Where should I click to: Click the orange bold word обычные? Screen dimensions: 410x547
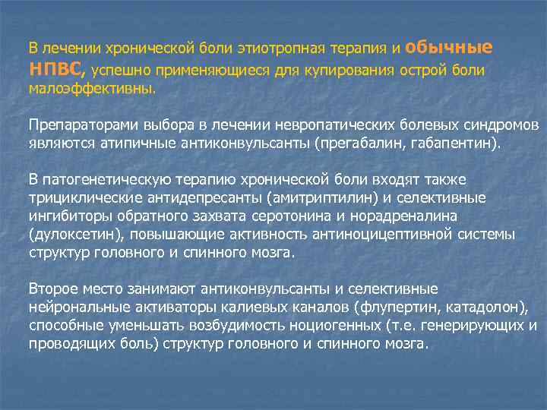click(449, 47)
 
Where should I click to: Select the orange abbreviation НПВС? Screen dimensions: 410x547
click(58, 69)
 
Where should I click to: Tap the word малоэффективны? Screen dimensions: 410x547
click(90, 88)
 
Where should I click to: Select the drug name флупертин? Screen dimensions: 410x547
click(407, 307)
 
